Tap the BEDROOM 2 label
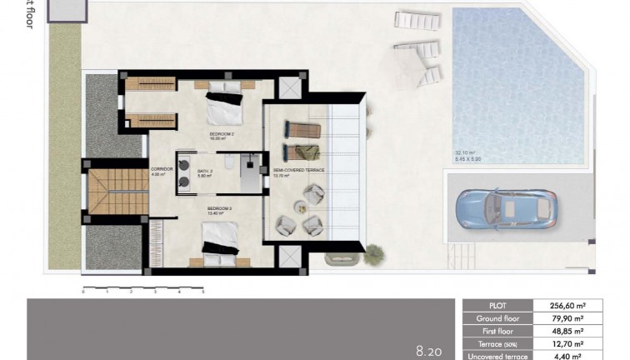click(x=221, y=132)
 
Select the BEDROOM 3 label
click(x=218, y=207)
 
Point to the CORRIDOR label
click(x=162, y=169)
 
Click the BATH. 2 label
click(x=205, y=171)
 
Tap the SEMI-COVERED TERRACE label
click(x=299, y=171)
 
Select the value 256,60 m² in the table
click(x=566, y=306)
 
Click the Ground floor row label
click(x=498, y=318)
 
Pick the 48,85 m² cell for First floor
click(x=566, y=331)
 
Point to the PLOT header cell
click(x=498, y=306)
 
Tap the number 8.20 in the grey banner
click(x=429, y=352)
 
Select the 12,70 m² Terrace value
click(x=566, y=343)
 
